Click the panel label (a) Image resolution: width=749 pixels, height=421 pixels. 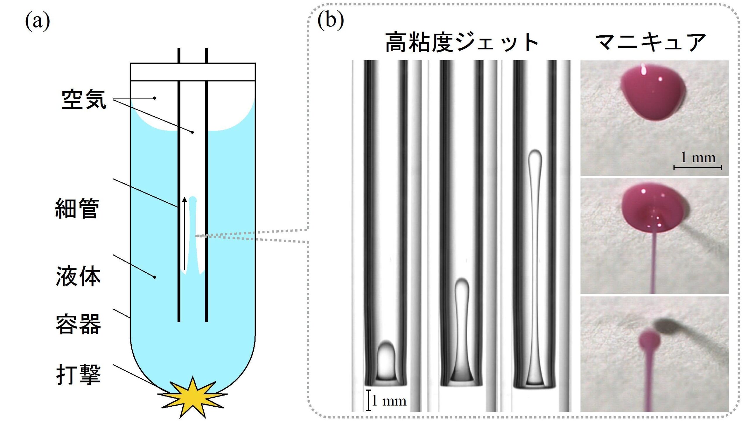[x=37, y=21]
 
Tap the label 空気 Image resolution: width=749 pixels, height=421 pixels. [x=84, y=100]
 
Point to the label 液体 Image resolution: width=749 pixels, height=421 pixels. [x=78, y=276]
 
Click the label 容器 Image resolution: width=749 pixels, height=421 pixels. [x=78, y=324]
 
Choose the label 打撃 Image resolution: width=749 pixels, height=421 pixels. [x=78, y=374]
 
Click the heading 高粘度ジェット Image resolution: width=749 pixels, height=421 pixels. [x=462, y=43]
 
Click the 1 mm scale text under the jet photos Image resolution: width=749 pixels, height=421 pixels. [x=389, y=401]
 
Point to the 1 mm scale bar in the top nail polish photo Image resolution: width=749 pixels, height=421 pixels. [x=698, y=168]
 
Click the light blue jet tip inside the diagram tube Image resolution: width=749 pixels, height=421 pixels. [x=193, y=200]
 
